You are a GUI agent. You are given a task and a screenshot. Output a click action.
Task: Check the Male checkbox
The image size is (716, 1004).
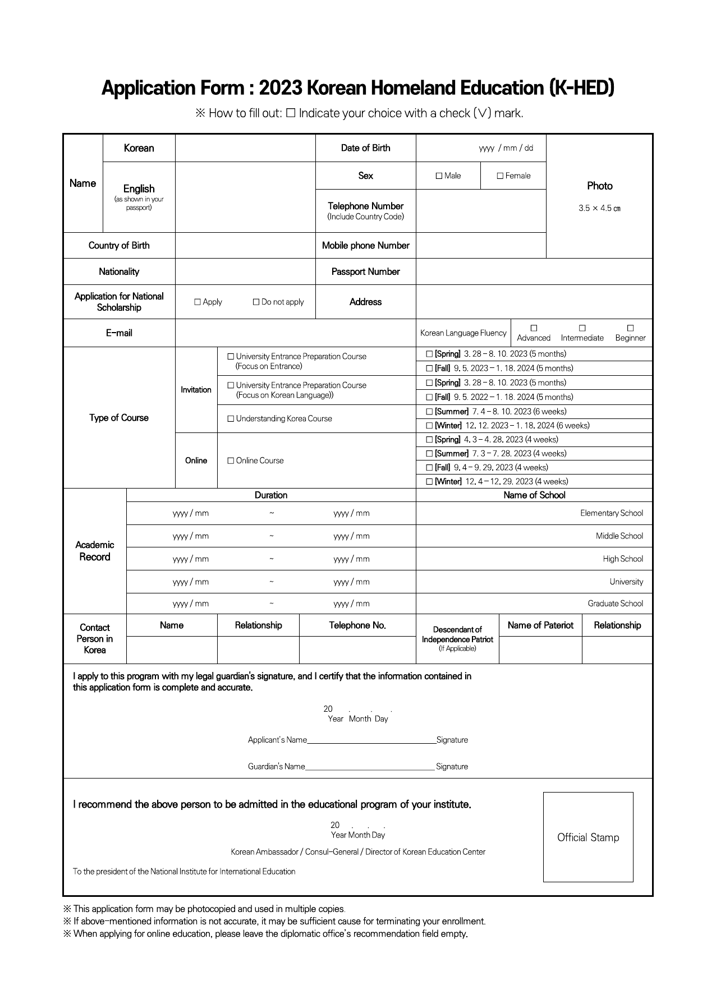coord(439,176)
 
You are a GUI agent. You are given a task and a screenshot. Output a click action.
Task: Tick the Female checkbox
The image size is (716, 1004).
coord(500,176)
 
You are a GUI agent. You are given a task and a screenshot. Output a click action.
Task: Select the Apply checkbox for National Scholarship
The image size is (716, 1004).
coord(198,302)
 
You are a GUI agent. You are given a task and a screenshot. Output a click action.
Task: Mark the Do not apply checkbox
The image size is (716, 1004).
coord(256,302)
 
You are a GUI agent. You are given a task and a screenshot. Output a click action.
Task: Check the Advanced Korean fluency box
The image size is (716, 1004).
coord(534,328)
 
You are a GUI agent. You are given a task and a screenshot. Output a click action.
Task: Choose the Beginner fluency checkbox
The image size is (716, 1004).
coord(630,328)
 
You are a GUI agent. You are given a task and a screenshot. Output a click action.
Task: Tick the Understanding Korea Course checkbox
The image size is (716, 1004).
coord(231,419)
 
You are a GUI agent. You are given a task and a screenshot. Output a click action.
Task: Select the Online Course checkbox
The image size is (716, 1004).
coord(231,461)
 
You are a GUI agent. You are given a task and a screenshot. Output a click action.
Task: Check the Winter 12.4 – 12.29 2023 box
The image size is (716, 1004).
coord(429,482)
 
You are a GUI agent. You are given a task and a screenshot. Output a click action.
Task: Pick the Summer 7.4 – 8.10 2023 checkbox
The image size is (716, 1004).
coord(429,412)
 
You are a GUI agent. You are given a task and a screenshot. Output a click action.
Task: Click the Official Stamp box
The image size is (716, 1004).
coord(588,837)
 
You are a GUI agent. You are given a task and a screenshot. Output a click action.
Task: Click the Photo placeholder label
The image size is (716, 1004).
coord(599,186)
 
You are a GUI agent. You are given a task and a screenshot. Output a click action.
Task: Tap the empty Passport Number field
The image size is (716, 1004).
coord(534,272)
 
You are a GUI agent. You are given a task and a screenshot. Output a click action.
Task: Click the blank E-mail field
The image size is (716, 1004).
coord(295,333)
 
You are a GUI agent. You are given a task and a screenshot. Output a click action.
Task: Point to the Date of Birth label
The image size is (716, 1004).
coord(365,148)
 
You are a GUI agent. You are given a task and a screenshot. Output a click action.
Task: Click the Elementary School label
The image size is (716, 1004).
coord(611,513)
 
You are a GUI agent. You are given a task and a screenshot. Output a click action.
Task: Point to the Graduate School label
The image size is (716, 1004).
coord(615,604)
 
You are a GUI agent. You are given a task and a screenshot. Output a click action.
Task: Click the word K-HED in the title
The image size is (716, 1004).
coord(581,88)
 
